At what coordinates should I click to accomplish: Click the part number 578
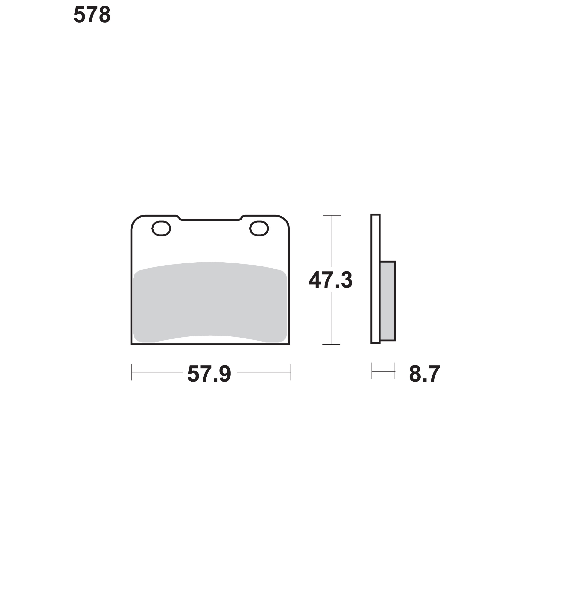[x=92, y=15]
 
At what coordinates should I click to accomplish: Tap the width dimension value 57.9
[x=209, y=374]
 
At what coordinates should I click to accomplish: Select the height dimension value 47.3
[x=331, y=280]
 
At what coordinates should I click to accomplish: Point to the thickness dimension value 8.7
[x=425, y=374]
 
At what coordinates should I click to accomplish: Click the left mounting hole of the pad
[x=161, y=228]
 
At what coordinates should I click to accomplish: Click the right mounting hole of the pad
[x=259, y=228]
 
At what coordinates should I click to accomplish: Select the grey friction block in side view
[x=387, y=301]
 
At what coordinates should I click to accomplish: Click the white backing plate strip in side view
[x=375, y=279]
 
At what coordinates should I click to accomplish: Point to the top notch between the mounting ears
[x=210, y=220]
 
